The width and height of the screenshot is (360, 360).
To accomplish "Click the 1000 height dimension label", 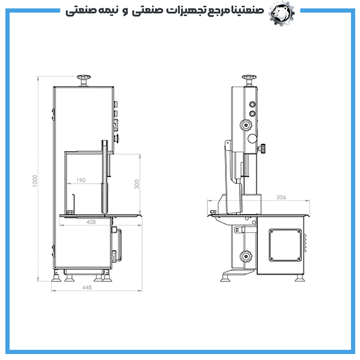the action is click(35, 181).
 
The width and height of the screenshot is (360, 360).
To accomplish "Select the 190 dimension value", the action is click(81, 180).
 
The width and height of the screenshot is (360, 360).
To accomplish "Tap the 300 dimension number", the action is click(137, 184).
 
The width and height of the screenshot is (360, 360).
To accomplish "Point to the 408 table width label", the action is click(91, 222).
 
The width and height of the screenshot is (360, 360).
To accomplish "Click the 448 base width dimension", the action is click(87, 287).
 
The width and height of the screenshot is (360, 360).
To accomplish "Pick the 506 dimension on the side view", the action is click(281, 197).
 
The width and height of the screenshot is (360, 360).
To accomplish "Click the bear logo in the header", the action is click(281, 13).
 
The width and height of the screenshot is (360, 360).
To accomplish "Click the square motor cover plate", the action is click(285, 245).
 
